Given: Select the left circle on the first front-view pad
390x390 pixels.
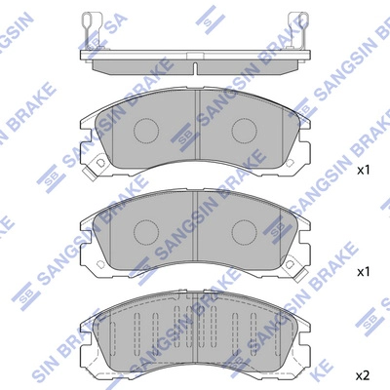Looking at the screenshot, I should click(147, 131).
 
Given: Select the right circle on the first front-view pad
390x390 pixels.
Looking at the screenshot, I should click(244, 131).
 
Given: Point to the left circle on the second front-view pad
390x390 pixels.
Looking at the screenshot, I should click(147, 230).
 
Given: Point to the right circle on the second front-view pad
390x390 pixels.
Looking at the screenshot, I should click(244, 230).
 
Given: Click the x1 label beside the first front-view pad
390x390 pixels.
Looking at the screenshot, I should click(364, 170).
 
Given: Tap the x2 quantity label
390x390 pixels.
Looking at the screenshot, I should click(364, 374).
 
